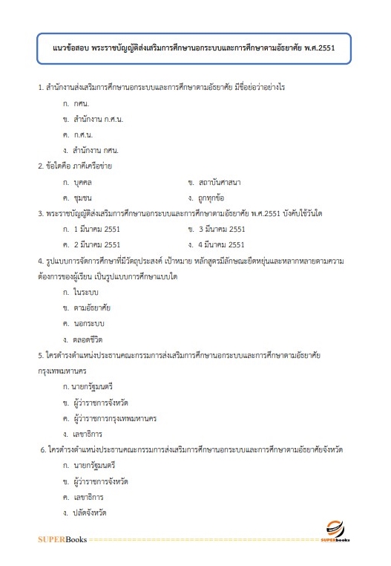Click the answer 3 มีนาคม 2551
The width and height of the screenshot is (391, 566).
[222, 229]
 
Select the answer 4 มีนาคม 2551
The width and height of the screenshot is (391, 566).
[222, 244]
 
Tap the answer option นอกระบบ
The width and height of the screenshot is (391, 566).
[89, 323]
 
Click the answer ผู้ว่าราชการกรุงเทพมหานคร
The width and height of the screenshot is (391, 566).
[114, 418]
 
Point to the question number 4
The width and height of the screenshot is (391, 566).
[40, 261]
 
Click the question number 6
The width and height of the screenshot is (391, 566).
[43, 450]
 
